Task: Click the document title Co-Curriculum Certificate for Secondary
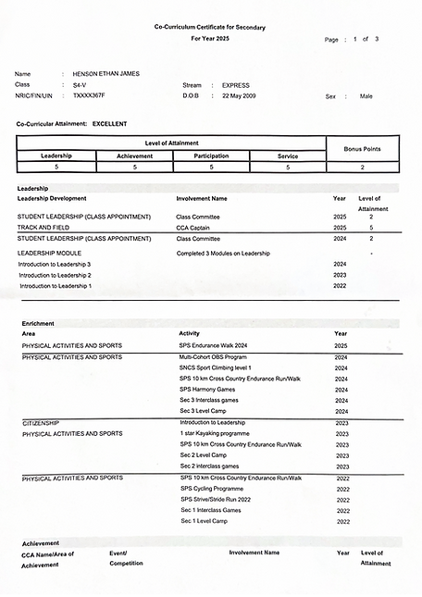click(209, 29)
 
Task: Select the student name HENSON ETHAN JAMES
click(105, 73)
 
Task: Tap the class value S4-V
click(81, 84)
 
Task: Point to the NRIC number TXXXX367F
click(89, 95)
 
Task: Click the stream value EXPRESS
click(236, 84)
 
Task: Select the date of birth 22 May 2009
click(242, 95)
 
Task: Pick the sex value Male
click(366, 95)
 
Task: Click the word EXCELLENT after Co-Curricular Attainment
click(110, 123)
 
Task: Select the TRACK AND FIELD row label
click(45, 227)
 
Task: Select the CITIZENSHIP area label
click(43, 422)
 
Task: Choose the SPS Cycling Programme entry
click(212, 488)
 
